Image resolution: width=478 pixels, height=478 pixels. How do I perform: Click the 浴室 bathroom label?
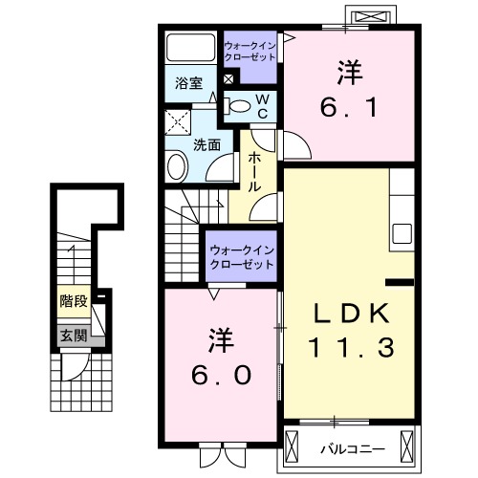[187, 82]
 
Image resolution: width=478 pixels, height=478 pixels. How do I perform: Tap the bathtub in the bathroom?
[190, 48]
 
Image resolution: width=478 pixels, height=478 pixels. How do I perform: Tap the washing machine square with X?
[177, 121]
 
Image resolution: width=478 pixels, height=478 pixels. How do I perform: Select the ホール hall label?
[255, 173]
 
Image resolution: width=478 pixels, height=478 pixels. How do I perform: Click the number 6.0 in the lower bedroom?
[219, 359]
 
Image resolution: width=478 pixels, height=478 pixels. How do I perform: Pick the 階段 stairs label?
[74, 301]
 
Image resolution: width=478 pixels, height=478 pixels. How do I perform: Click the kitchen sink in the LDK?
[401, 233]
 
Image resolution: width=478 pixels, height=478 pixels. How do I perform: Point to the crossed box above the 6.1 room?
[372, 17]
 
